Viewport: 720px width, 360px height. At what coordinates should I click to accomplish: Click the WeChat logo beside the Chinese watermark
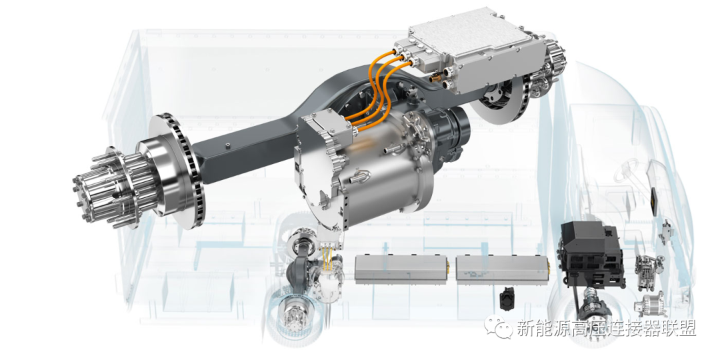(499, 328)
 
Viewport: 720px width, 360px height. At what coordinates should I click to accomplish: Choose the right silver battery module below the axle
(503, 269)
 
